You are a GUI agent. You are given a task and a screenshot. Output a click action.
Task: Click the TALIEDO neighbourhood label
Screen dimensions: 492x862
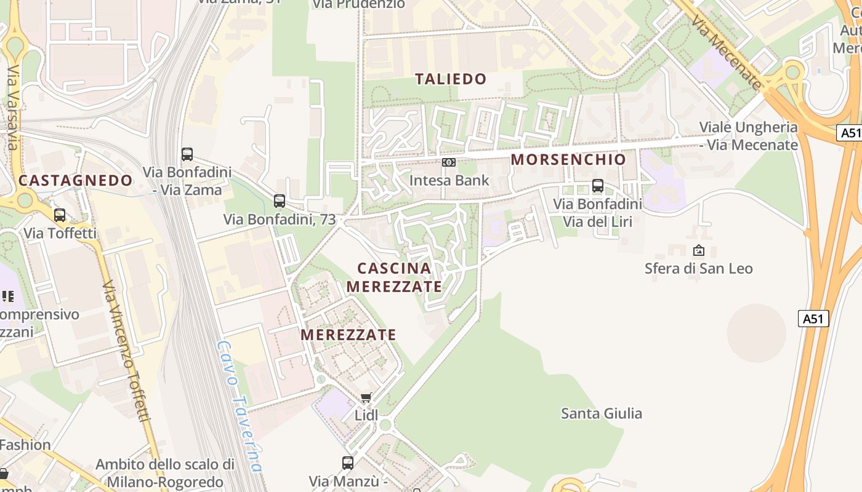pos(451,79)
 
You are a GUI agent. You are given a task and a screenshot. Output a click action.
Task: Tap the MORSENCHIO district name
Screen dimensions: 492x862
pos(568,159)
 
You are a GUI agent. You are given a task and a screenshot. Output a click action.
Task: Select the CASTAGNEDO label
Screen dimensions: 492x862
pos(75,180)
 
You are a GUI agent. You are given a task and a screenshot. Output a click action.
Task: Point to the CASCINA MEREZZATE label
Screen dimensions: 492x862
pos(394,277)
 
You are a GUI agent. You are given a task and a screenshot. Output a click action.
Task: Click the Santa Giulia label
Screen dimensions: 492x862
pos(601,413)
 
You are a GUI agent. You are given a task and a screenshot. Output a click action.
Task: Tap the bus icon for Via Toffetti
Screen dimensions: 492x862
pos(60,215)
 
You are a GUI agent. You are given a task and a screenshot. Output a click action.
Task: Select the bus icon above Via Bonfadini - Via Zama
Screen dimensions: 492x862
pos(187,154)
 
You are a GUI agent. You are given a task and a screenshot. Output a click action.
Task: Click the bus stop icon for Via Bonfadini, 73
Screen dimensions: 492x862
pos(280,200)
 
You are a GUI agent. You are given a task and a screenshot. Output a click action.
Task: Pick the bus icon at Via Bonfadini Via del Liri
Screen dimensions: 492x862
pos(597,186)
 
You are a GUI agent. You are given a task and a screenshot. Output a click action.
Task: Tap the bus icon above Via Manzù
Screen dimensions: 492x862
pos(348,463)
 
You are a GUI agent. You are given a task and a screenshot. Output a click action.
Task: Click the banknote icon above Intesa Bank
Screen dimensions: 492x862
pos(449,162)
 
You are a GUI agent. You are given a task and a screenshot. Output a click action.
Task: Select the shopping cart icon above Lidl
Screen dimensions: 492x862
pos(366,398)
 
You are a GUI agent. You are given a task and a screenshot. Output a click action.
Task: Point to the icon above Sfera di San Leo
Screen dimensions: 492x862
pos(698,250)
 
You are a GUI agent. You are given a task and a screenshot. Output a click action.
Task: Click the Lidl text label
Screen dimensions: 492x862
pos(366,415)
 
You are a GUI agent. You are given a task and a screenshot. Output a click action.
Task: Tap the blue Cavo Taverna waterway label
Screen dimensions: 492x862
pos(240,406)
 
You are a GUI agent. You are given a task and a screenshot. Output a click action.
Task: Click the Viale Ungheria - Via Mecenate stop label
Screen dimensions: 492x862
pos(748,136)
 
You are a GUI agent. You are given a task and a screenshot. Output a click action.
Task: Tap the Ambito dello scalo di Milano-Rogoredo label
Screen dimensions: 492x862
pos(165,472)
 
